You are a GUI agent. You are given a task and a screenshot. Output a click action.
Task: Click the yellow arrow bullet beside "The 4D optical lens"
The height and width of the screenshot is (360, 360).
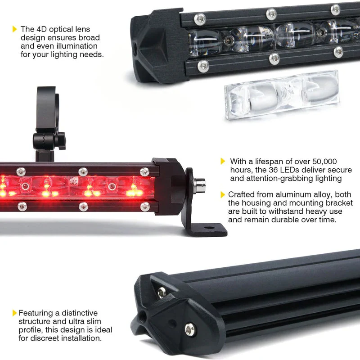15,29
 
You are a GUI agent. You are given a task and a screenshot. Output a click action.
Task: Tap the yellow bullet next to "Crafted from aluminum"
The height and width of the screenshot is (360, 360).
223,194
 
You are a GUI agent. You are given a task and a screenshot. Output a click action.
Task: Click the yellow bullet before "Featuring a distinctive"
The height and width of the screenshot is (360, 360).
15,313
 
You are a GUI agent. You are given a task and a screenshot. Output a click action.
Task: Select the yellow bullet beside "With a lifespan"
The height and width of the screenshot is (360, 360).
223,161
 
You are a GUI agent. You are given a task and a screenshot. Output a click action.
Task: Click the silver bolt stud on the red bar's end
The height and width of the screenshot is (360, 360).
199,184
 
